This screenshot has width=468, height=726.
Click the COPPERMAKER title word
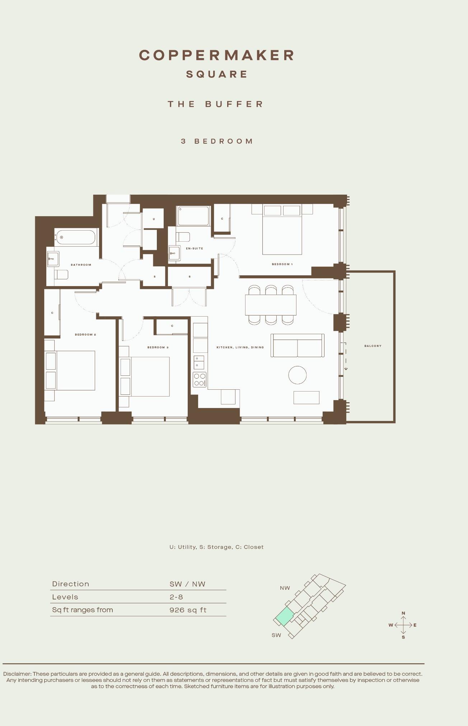pos(217,55)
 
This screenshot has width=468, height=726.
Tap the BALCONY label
pos(373,346)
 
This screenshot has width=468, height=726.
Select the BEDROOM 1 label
pos(282,264)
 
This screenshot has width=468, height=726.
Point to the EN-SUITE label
pos(195,248)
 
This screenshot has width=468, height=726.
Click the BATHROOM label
pos(81,265)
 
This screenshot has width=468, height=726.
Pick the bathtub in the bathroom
pos(76,237)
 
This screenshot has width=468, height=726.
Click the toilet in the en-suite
pos(183,237)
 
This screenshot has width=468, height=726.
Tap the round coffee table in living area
pos(298,375)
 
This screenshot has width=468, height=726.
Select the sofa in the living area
pos(298,345)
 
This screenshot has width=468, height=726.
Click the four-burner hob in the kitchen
pos(200,380)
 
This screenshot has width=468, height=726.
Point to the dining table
pos(271,305)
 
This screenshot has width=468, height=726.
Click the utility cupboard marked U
pos(154,219)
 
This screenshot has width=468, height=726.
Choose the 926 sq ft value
pos(188,610)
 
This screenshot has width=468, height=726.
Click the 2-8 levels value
pos(176,597)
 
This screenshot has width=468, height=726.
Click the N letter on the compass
pos(403,613)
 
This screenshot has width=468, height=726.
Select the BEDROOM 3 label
pos(158,347)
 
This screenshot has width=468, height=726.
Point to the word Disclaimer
pos(17,674)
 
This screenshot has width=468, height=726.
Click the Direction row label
pos(71,584)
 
